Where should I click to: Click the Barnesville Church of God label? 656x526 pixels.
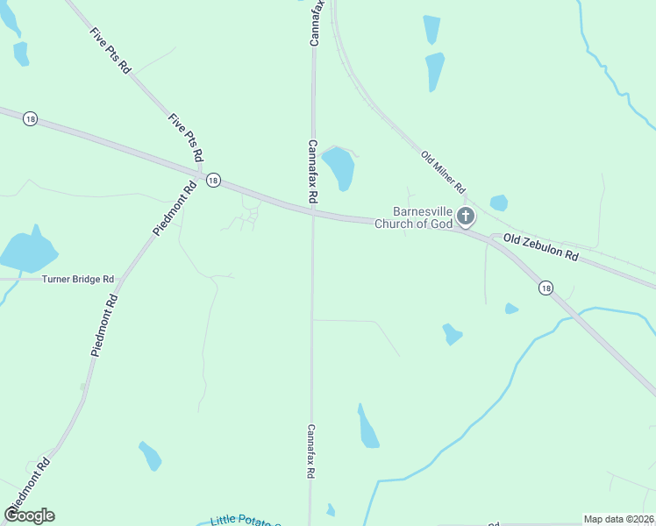point(413,217)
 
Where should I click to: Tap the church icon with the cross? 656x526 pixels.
point(466,217)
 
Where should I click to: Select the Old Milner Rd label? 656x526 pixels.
point(443,172)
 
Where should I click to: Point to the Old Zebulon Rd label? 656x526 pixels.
point(541,248)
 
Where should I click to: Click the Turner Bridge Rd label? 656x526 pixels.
point(78,279)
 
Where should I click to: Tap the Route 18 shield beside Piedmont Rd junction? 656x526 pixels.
point(213,180)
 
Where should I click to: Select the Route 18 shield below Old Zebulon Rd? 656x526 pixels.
point(546,288)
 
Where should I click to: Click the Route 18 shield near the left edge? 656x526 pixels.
point(31,118)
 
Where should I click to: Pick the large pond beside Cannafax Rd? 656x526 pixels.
point(339,167)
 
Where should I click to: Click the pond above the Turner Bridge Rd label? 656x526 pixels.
point(27,251)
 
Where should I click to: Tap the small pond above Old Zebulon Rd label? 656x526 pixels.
point(499,203)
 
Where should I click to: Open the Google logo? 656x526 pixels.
point(29,515)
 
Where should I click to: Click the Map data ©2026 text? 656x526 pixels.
point(618,519)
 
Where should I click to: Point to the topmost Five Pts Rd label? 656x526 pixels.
point(110,50)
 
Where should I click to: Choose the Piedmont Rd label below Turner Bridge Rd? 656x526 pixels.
point(103,324)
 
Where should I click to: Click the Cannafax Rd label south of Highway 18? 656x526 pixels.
point(310,451)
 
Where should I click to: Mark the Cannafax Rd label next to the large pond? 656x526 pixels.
point(311,171)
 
